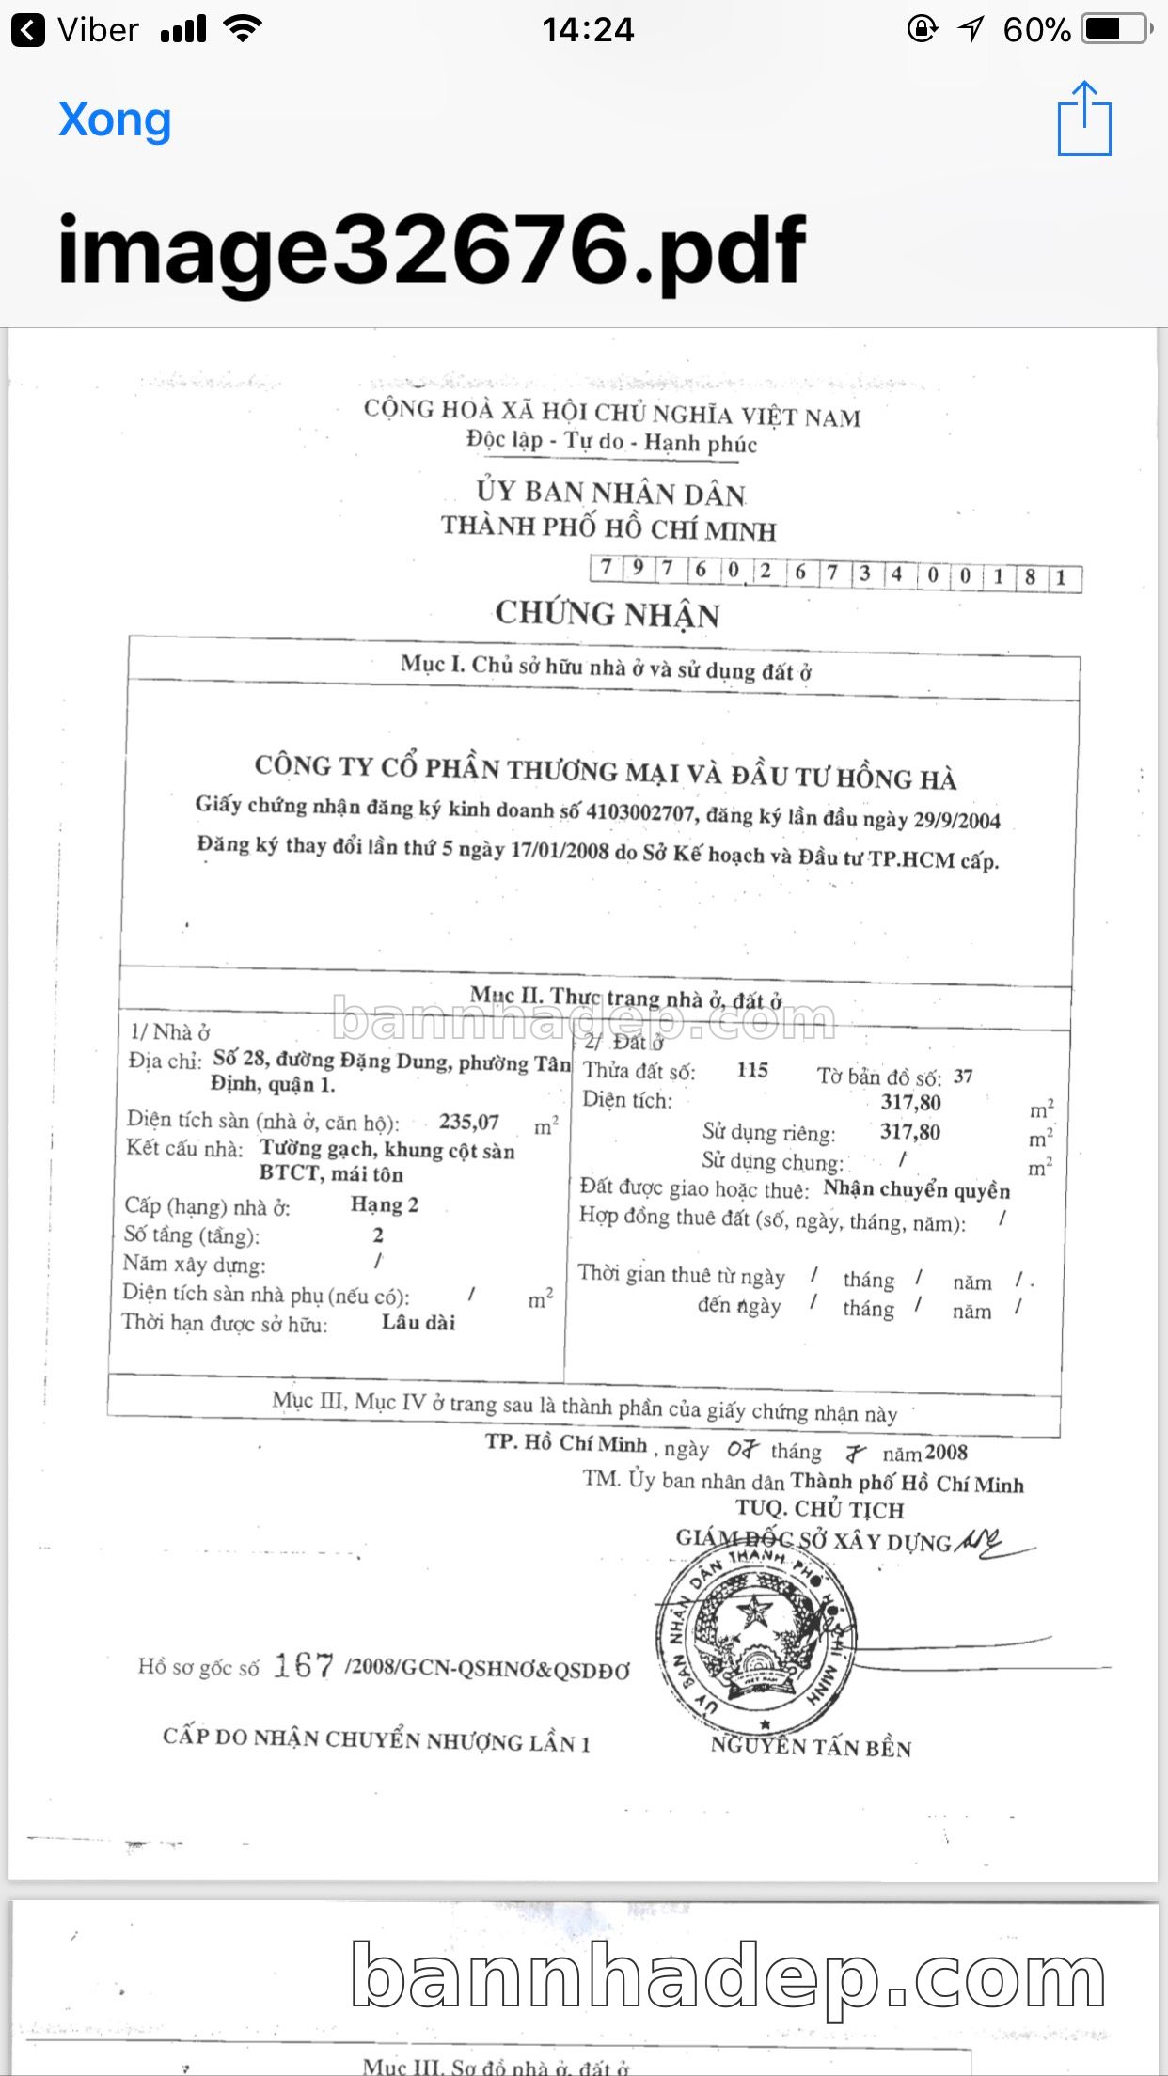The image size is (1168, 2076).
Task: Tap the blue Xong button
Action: point(115,120)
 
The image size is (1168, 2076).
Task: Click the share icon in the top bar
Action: point(1084,118)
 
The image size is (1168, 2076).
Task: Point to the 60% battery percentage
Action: point(1036,30)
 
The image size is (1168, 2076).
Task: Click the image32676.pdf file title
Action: point(432,250)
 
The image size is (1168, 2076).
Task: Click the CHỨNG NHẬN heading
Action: point(608,614)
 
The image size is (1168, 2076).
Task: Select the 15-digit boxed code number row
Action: point(835,572)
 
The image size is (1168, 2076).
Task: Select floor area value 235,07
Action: point(469,1122)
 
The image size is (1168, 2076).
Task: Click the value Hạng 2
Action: point(385,1204)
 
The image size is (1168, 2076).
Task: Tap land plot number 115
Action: point(752,1070)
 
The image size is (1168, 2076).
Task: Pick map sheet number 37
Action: point(963,1077)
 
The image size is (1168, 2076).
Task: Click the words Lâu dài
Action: point(418,1322)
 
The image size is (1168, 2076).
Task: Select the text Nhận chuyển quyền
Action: point(917,1190)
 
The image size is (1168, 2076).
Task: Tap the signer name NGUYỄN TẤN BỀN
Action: point(811,1747)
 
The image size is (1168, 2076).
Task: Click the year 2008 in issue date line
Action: point(946,1453)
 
